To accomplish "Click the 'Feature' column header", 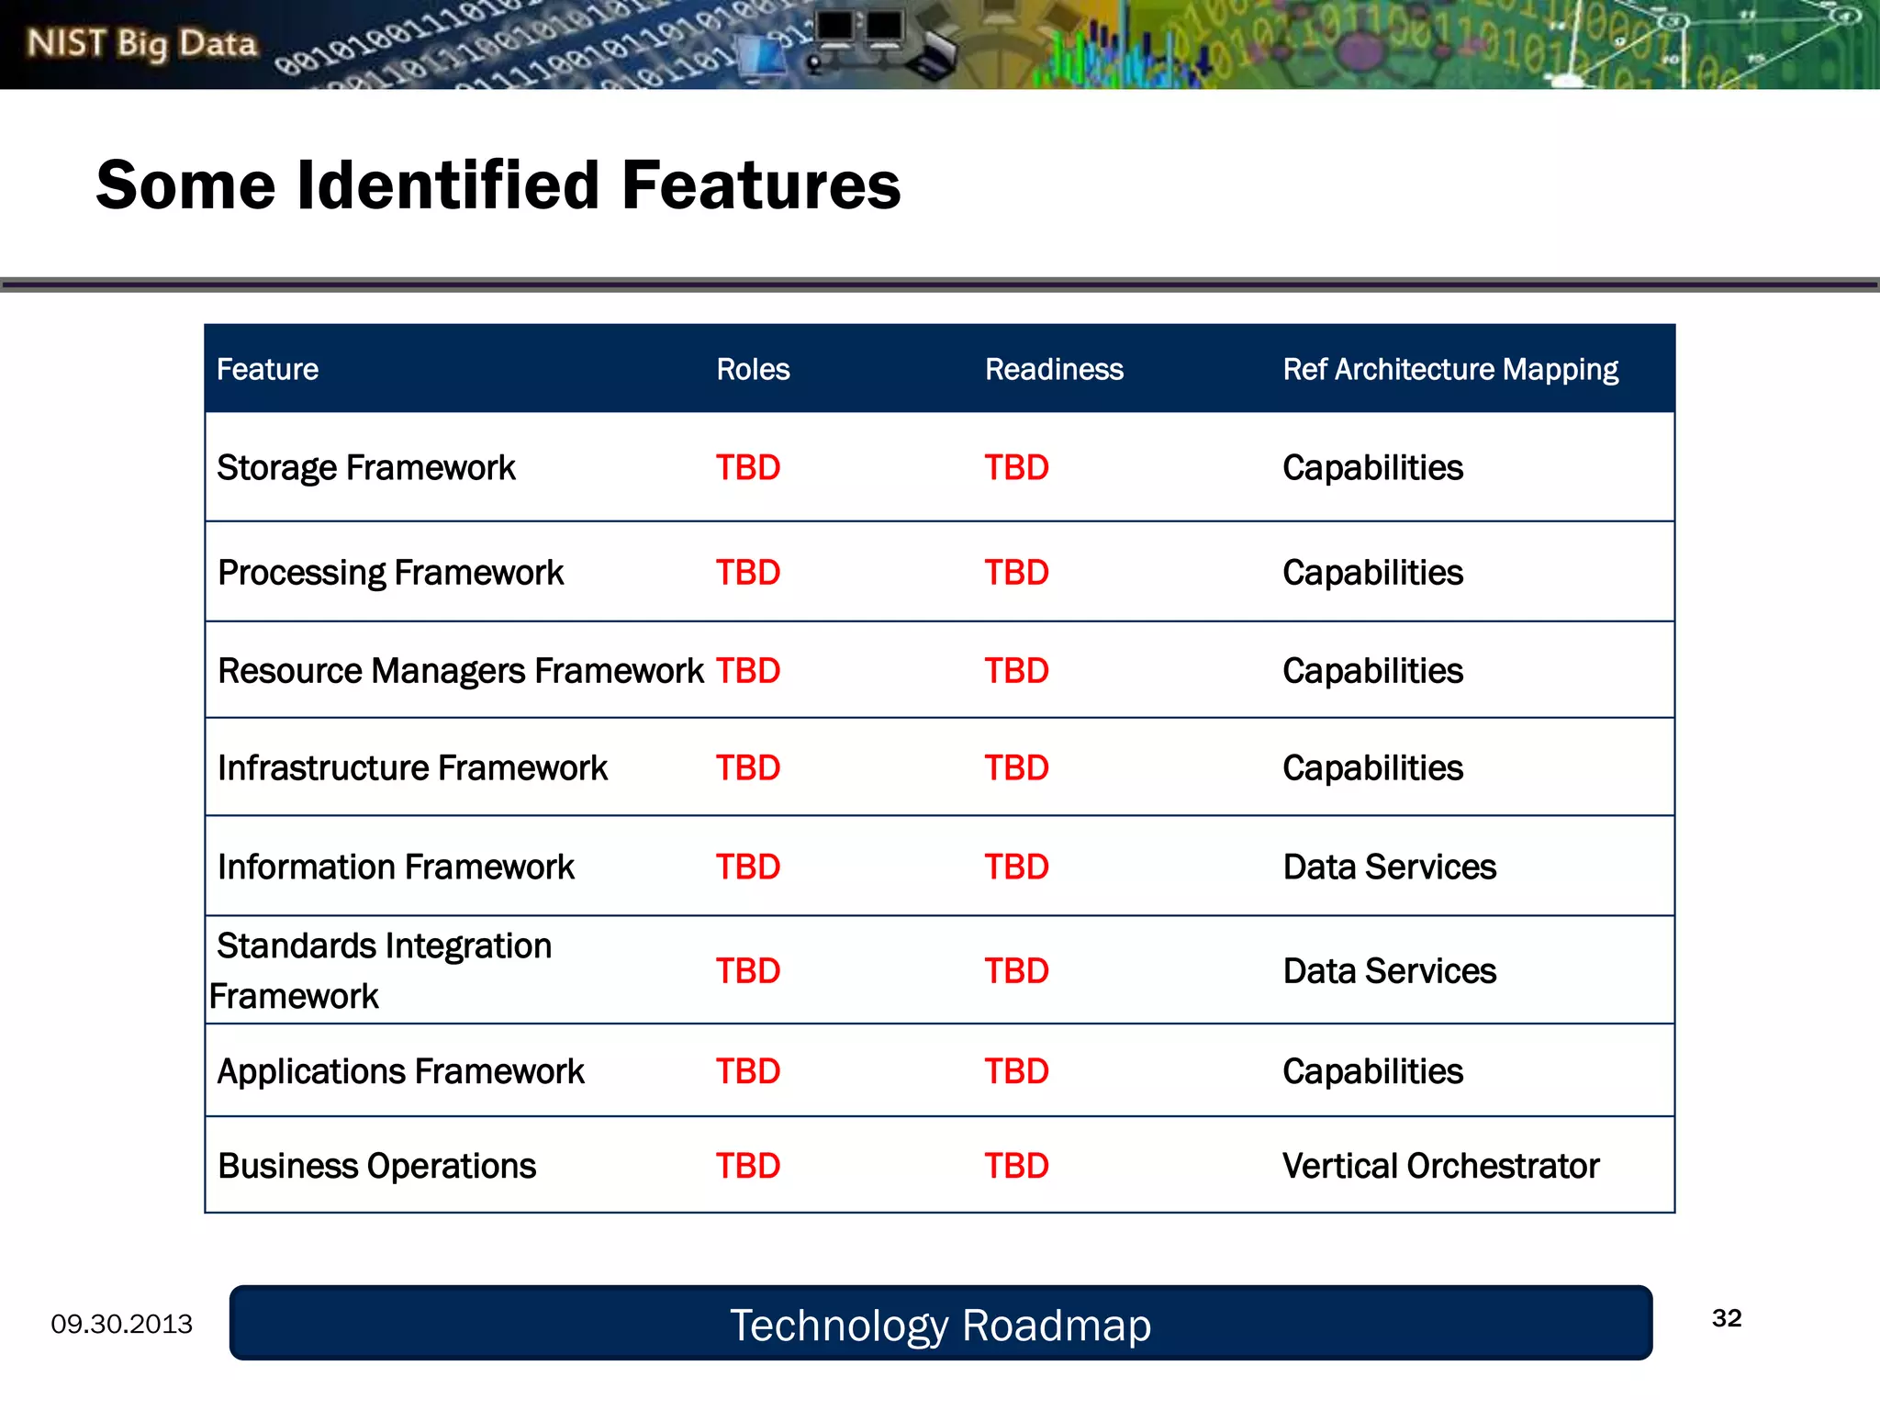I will click(267, 369).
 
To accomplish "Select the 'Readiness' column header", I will click(1054, 369).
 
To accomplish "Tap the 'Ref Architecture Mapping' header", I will click(1449, 369).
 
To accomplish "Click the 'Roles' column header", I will click(753, 369).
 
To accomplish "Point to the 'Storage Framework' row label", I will click(365, 468).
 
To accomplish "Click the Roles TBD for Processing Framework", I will click(747, 573).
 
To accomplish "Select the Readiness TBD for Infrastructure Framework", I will click(1016, 768).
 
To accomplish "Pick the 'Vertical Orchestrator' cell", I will click(1439, 1166).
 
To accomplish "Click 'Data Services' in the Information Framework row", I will click(1389, 867).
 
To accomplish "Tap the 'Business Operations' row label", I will click(376, 1166).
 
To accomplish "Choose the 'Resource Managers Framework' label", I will click(460, 671).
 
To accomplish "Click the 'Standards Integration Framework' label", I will click(383, 970).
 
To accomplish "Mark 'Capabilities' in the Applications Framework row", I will click(1372, 1071).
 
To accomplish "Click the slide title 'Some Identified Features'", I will click(498, 185).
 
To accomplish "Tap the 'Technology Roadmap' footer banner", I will click(940, 1325).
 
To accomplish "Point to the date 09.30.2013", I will click(121, 1324).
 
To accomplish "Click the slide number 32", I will click(1726, 1318).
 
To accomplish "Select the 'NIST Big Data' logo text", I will click(141, 43).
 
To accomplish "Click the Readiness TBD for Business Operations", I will click(1016, 1166).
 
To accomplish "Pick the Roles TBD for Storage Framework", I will click(747, 468).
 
